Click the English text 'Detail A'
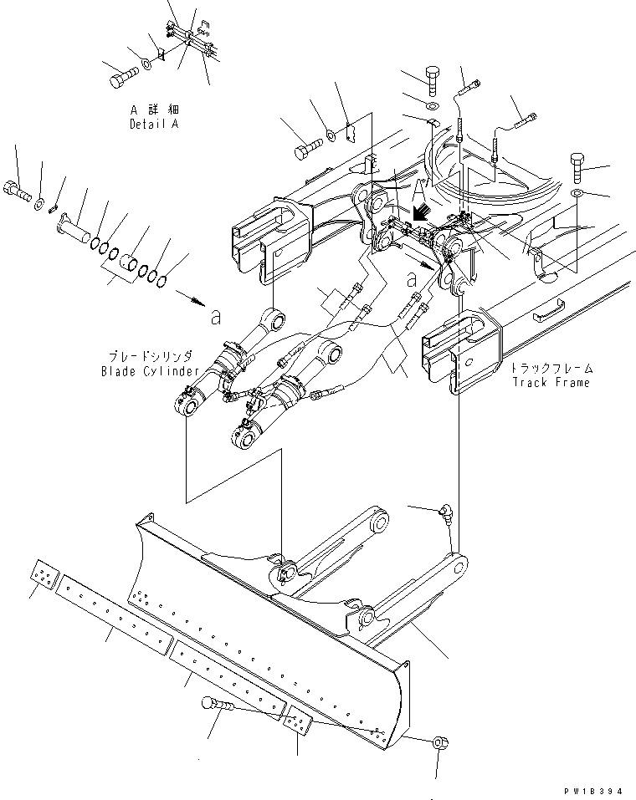153,124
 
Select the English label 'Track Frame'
552,382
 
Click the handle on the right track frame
548,313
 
